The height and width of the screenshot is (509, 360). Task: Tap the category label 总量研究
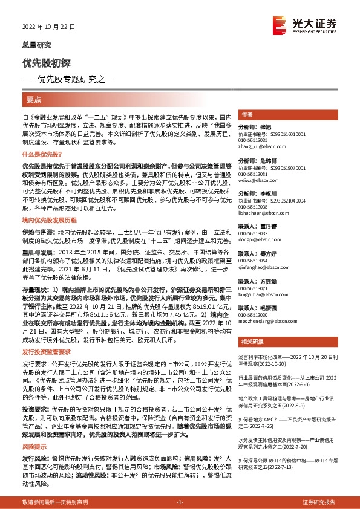36,45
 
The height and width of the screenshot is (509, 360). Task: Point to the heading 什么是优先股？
41,172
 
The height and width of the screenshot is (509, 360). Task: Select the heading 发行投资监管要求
47,351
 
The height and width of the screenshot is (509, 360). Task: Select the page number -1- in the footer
180,502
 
